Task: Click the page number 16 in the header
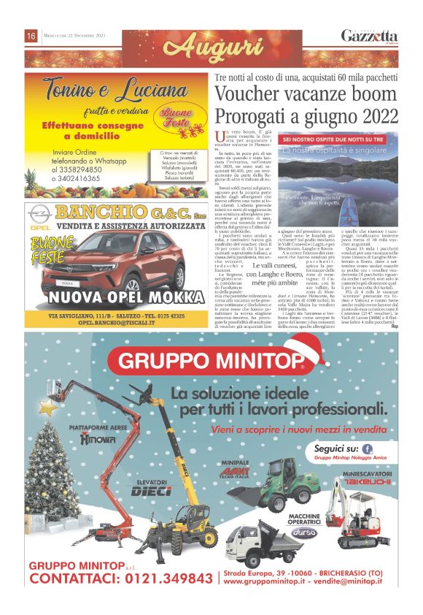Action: [x=31, y=36]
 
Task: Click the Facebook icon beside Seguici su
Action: [x=367, y=448]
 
